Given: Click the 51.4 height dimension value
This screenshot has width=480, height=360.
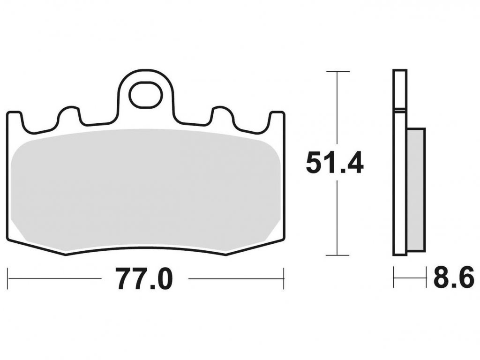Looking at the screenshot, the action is tap(335, 163).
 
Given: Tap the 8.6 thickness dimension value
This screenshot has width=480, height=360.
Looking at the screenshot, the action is tap(454, 277).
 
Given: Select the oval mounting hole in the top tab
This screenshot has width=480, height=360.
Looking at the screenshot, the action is tap(145, 94).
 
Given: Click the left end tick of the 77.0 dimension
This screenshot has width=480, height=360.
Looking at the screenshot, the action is tap(7, 278).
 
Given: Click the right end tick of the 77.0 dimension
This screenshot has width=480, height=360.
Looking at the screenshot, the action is tap(284, 278).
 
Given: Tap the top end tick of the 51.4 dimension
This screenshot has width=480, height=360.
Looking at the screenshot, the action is tap(337, 72).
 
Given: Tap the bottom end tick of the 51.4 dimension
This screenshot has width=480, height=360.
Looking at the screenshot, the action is tap(337, 255).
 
